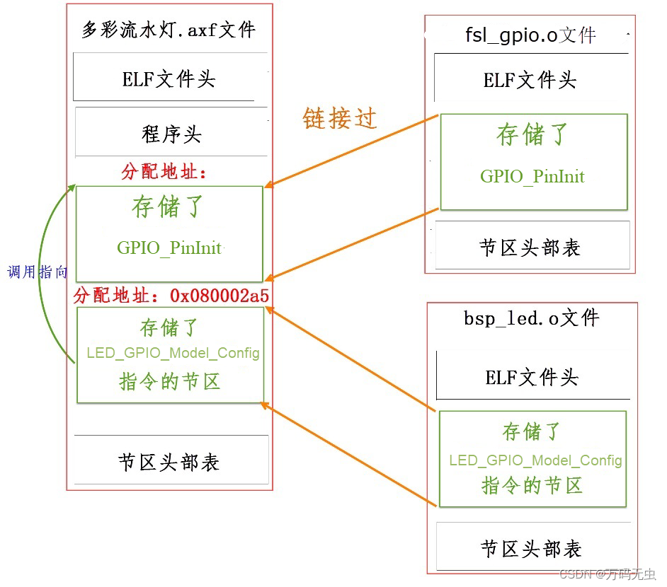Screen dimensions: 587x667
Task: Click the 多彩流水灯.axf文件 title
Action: pos(169,30)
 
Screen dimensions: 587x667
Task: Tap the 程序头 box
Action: pos(171,133)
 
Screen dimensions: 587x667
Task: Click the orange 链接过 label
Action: pos(339,118)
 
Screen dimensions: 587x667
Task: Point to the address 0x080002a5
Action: pos(220,296)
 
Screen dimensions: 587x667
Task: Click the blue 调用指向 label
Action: pos(38,272)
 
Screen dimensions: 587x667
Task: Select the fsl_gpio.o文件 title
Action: pos(530,35)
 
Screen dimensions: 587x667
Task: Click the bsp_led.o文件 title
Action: pos(532,318)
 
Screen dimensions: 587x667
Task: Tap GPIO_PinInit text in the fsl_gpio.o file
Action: pos(532,176)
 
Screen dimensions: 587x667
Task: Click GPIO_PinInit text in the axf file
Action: pos(169,248)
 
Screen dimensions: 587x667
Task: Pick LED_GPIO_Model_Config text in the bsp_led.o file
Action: pos(535,460)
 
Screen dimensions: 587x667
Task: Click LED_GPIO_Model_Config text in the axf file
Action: pos(173,352)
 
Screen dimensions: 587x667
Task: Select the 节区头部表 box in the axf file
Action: pos(169,462)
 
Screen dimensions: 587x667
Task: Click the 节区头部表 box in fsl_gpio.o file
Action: pos(530,247)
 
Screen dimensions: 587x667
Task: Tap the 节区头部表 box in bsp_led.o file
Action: pos(531,548)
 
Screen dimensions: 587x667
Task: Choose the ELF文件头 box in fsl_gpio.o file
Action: pos(530,80)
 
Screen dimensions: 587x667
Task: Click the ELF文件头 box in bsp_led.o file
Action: pos(532,377)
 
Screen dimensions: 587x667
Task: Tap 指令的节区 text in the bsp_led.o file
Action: pos(532,485)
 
